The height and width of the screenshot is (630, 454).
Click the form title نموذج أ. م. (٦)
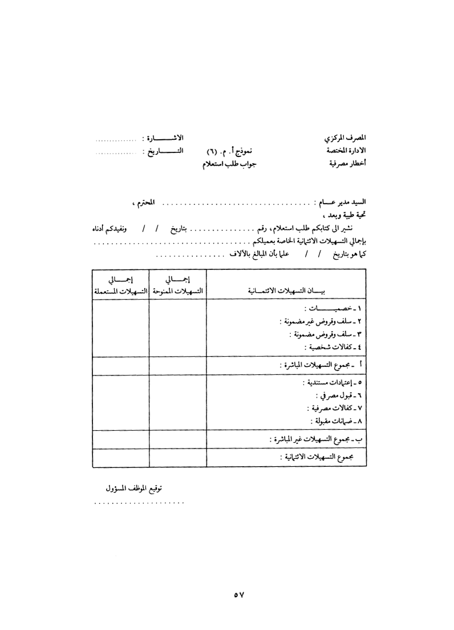tap(230, 151)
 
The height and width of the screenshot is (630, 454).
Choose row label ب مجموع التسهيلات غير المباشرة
tap(316, 440)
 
